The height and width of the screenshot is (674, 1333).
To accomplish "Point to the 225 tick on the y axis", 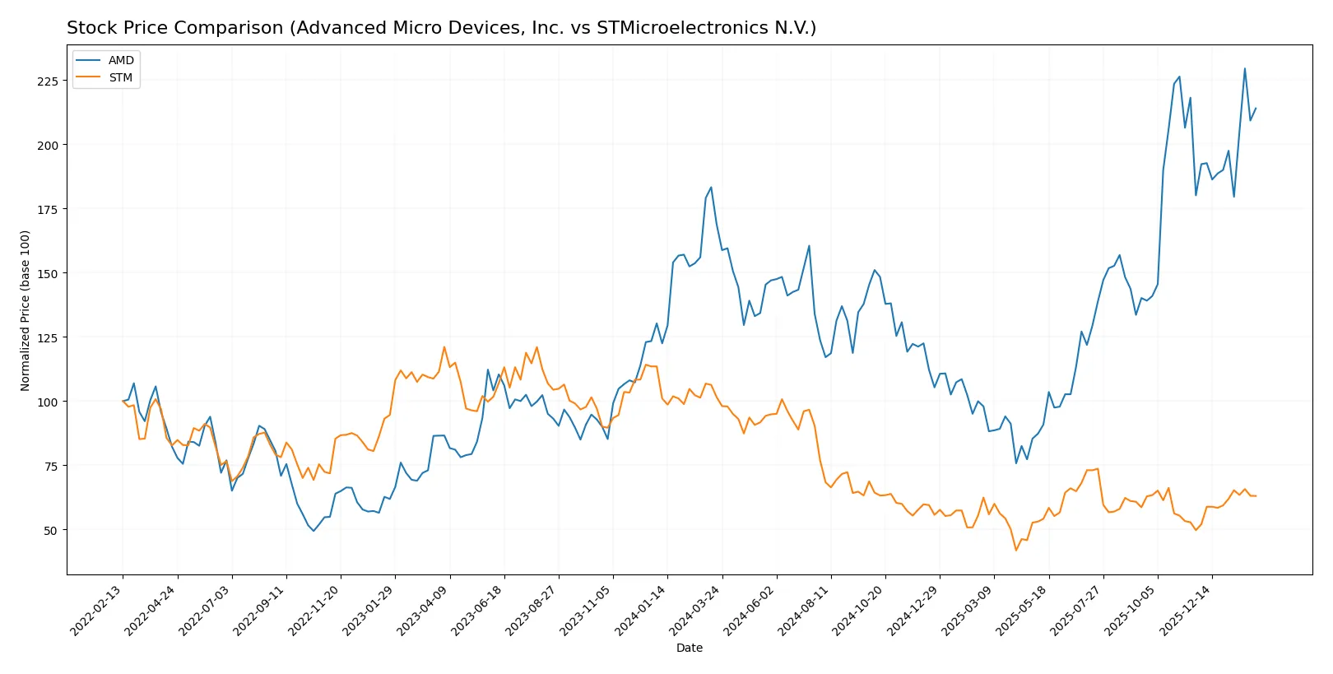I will pyautogui.click(x=47, y=81).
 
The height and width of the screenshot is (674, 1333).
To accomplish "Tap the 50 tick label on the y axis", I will pyautogui.click(x=50, y=530).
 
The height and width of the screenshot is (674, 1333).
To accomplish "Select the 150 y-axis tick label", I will pyautogui.click(x=47, y=273).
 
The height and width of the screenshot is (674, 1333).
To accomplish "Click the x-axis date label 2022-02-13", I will pyautogui.click(x=96, y=611).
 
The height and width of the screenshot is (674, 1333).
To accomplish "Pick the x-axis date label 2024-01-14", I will pyautogui.click(x=641, y=611).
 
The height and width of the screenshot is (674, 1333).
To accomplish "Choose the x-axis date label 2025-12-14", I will pyautogui.click(x=1186, y=611).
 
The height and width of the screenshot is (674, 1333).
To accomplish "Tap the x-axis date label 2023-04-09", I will pyautogui.click(x=423, y=611).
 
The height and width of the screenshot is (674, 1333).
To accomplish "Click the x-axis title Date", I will pyautogui.click(x=689, y=648).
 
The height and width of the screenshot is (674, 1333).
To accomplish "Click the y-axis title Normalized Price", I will pyautogui.click(x=26, y=310).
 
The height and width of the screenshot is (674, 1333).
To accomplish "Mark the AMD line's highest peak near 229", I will pyautogui.click(x=1244, y=68).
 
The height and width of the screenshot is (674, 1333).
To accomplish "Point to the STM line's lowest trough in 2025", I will pyautogui.click(x=1016, y=551).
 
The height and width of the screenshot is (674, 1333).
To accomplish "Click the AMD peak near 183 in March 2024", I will pyautogui.click(x=711, y=188).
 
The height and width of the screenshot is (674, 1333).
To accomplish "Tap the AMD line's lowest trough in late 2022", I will pyautogui.click(x=314, y=531).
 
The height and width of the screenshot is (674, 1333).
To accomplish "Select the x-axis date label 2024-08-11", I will pyautogui.click(x=804, y=611).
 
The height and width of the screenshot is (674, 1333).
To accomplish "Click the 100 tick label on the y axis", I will pyautogui.click(x=47, y=402).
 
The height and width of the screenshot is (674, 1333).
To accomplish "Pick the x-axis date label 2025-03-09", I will pyautogui.click(x=968, y=611).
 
